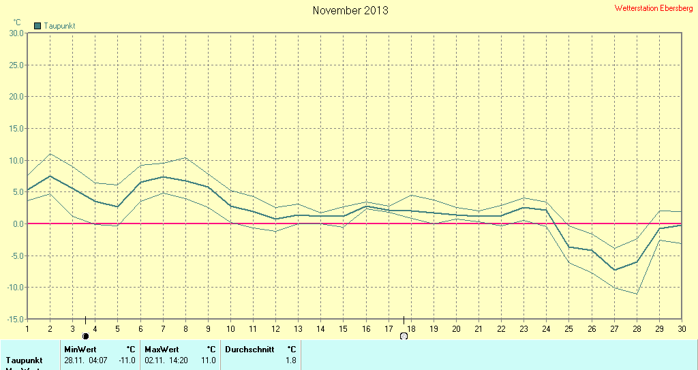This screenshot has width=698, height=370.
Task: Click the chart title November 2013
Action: point(350,10)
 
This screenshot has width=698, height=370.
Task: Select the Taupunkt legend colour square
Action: point(38,26)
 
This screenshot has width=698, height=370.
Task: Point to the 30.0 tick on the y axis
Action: point(16,33)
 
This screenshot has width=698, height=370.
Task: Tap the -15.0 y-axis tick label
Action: point(14,319)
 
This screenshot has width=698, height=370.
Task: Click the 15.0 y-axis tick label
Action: point(16,128)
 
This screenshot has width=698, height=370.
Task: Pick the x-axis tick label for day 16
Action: point(367,328)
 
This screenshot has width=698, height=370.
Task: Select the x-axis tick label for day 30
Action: point(682,328)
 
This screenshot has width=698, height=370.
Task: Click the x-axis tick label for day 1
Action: point(27,328)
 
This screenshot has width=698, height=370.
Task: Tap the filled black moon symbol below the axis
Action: point(85,336)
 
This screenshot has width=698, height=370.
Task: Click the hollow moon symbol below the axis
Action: point(404,336)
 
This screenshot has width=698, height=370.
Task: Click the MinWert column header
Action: point(79,349)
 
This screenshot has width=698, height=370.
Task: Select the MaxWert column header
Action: point(161,349)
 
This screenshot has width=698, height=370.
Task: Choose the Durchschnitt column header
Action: point(249,349)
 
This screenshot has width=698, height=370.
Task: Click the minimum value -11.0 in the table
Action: point(127,360)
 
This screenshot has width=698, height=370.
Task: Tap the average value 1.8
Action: point(291,360)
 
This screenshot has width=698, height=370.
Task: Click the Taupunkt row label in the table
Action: point(25,360)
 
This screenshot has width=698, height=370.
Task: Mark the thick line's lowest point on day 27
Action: point(614,270)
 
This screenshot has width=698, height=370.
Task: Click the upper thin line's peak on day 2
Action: point(50,153)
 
